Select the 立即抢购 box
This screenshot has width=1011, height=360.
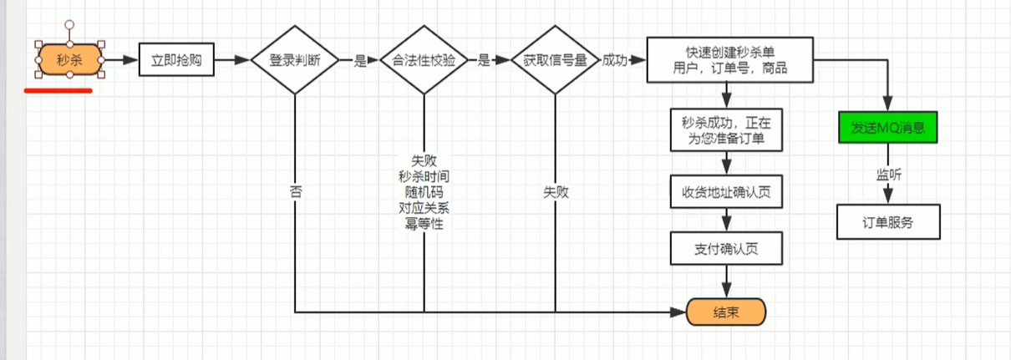tap(175, 60)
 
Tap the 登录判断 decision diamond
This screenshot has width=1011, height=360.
tap(294, 60)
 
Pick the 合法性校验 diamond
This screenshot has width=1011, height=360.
tap(423, 60)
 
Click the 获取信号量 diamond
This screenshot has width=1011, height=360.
tap(554, 60)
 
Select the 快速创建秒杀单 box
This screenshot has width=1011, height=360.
tap(729, 60)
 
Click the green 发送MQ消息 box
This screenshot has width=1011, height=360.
tap(888, 129)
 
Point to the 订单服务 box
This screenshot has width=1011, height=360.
tap(888, 223)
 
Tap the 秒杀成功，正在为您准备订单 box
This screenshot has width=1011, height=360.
tap(726, 129)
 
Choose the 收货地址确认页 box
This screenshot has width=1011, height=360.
tap(726, 192)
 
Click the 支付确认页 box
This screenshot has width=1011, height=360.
tap(726, 249)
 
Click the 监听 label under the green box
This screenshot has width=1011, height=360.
tap(888, 175)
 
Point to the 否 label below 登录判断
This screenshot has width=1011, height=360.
tap(295, 191)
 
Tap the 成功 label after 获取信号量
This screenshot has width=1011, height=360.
tap(616, 60)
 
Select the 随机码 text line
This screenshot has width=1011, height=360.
tap(423, 191)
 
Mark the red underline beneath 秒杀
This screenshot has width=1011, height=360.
tap(58, 90)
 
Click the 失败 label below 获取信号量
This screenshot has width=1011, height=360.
tap(555, 191)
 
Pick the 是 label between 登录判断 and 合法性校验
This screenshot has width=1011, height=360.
tap(361, 60)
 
